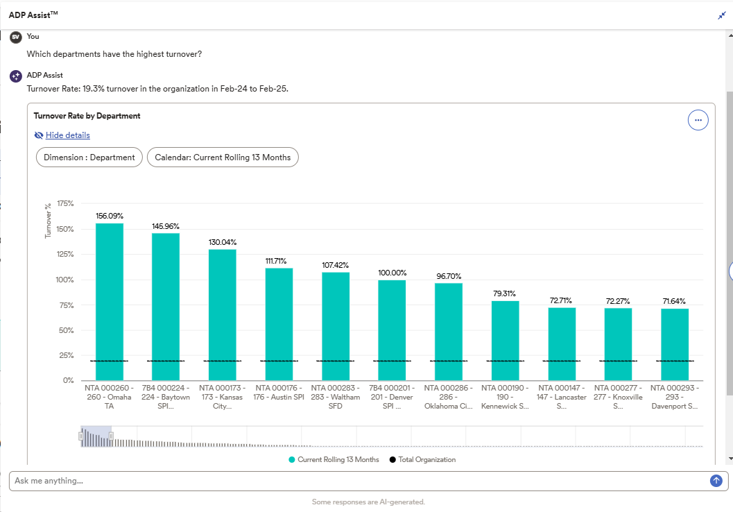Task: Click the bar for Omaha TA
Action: coord(110,302)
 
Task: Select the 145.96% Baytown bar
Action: coord(166,305)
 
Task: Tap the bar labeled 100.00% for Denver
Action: coord(392,330)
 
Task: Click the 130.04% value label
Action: coord(223,242)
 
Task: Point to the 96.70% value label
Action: coord(449,276)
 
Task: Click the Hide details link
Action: coord(67,135)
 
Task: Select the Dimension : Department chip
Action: coord(89,157)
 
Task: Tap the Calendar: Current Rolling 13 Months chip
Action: coord(223,157)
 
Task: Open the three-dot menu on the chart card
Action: coord(698,120)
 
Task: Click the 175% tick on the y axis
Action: coord(65,203)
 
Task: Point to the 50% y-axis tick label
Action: coord(67,330)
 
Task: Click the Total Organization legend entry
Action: coord(422,459)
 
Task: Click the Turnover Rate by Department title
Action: coord(87,116)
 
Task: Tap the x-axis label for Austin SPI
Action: coord(279,393)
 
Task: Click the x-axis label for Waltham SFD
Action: coord(336,397)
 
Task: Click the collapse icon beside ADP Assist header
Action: coord(721,15)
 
